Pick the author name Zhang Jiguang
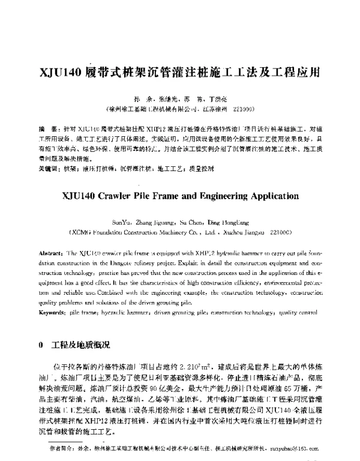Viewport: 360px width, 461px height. [165, 221]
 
